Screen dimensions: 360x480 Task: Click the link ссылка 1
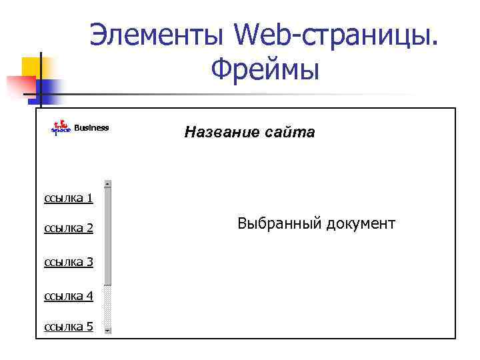(x=68, y=198)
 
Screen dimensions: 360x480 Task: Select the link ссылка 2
(x=68, y=229)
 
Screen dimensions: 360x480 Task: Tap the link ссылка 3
(x=68, y=262)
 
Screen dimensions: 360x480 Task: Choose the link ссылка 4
(x=68, y=295)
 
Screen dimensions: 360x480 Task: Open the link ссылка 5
(x=68, y=327)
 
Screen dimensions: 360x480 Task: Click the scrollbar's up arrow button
(x=107, y=184)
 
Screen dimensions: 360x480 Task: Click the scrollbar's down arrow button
(x=107, y=329)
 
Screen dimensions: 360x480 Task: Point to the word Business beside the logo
(x=91, y=128)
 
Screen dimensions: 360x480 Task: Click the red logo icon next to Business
(x=61, y=127)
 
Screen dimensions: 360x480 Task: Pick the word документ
(x=361, y=223)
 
